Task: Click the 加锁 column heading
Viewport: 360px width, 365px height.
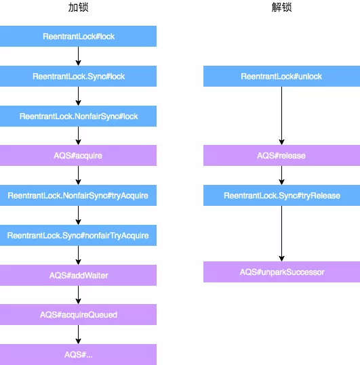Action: (78, 8)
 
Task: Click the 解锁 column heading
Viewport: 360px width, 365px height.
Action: (281, 8)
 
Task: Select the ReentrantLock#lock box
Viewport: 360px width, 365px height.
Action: (78, 37)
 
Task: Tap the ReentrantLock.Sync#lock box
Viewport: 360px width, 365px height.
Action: (78, 77)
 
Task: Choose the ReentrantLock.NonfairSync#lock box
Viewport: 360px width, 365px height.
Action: (78, 116)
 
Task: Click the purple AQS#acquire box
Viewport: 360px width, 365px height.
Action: (78, 156)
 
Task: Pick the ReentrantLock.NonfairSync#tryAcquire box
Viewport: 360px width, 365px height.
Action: (78, 196)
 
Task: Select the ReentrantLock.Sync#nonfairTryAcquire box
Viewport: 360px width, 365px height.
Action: (78, 236)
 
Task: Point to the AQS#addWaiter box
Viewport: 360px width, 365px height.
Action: (78, 275)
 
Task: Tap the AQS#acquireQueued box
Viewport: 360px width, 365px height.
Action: (78, 315)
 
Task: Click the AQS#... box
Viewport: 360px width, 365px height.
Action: (78, 354)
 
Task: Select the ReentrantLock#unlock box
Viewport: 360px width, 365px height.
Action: (281, 77)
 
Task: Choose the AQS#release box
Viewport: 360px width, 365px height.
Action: (281, 156)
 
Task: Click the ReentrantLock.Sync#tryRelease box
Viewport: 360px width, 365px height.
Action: (281, 196)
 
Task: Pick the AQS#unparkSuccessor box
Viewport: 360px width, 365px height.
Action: (281, 272)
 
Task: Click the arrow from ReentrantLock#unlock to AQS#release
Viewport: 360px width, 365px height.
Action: (281, 116)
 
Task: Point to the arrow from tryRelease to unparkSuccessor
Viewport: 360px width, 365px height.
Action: (281, 234)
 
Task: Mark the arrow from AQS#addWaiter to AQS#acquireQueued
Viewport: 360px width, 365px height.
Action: (79, 295)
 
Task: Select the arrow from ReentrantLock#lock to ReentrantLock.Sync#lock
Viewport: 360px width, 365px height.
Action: (79, 56)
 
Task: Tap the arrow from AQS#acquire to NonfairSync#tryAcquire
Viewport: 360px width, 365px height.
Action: (79, 175)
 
